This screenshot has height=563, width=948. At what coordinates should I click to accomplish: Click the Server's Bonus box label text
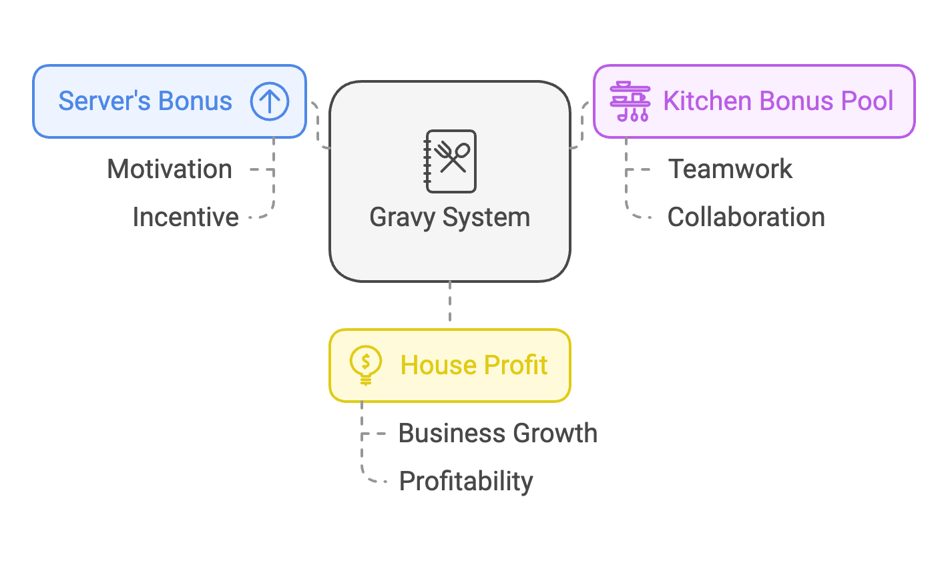145,101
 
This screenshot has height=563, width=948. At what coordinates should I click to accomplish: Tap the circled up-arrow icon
270,101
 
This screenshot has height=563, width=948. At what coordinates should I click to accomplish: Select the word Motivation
170,169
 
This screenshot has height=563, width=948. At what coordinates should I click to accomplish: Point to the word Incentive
186,217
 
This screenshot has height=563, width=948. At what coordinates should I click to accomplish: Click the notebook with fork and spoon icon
451,161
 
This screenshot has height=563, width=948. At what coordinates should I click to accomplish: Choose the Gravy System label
450,217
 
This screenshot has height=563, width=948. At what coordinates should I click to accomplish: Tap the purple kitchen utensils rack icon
630,101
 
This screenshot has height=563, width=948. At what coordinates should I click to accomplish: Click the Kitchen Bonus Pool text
778,101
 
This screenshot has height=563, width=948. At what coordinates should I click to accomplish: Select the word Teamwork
730,169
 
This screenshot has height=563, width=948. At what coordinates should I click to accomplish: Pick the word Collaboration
746,217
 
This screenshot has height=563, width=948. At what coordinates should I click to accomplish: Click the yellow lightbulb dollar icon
365,366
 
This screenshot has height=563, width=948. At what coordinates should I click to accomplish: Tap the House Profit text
474,366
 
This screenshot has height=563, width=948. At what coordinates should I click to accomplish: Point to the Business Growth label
498,434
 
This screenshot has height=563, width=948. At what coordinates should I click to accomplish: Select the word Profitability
466,482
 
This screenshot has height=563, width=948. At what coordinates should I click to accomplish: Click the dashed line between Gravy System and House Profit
450,304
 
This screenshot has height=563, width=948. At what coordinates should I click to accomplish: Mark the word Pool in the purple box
867,101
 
